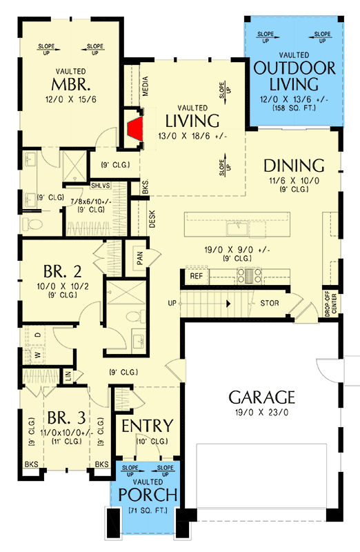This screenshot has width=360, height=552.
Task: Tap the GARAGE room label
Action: [262, 397]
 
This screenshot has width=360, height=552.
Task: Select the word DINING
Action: [294, 166]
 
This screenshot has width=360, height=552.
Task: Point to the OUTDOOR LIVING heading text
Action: [294, 76]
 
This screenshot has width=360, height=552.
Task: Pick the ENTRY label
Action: [147, 425]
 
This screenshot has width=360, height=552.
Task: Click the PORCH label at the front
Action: [148, 495]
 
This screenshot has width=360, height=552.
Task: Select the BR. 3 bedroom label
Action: [65, 418]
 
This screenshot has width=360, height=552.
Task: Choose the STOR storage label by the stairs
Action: [269, 303]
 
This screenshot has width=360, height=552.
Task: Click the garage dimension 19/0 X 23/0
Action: [262, 412]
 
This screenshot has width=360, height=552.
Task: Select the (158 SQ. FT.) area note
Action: [294, 108]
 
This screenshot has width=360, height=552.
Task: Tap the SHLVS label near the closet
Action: [101, 185]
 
